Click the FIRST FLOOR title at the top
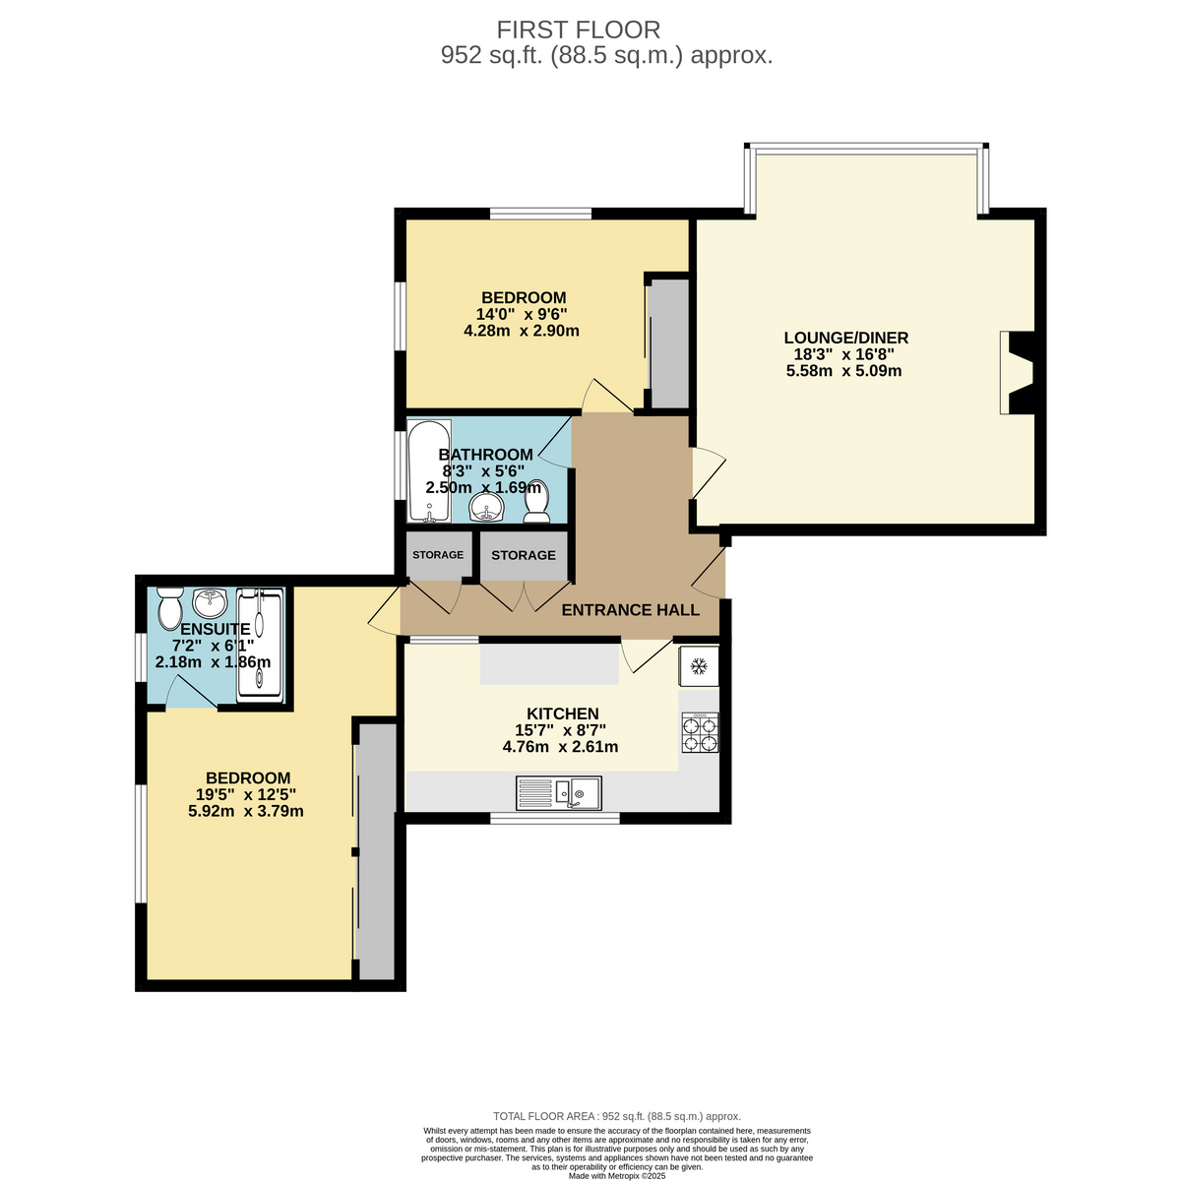tap(578, 31)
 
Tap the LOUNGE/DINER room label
tap(845, 338)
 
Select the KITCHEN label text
tap(563, 714)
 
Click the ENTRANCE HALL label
tap(630, 610)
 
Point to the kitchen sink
tap(558, 792)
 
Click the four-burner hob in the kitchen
tap(700, 732)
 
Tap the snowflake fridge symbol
tap(698, 665)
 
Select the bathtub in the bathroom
tap(429, 470)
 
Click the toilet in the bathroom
tap(536, 501)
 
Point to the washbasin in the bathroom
tap(487, 507)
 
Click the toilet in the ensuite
tap(169, 607)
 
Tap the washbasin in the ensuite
tap(211, 603)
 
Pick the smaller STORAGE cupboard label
tap(438, 555)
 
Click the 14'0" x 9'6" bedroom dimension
tap(522, 314)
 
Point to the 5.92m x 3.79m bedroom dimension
tap(246, 811)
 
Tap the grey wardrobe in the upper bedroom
tap(669, 343)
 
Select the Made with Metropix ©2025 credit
tap(616, 1176)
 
